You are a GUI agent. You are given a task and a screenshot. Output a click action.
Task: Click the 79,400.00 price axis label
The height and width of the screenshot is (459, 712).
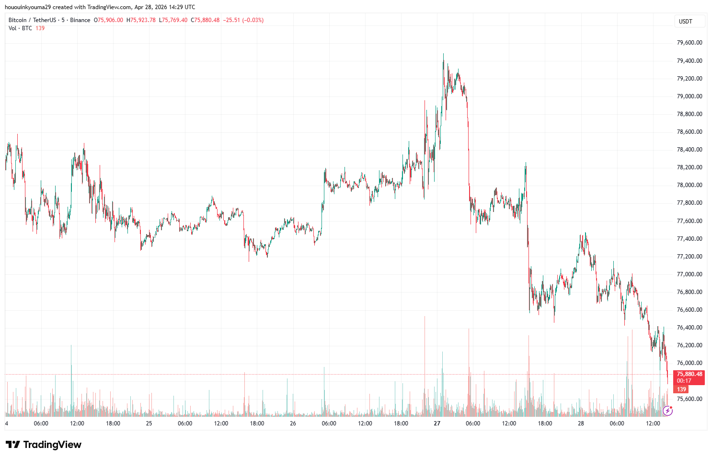pyautogui.click(x=689, y=61)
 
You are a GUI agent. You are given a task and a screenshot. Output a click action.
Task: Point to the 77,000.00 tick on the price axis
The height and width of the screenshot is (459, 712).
pyautogui.click(x=689, y=274)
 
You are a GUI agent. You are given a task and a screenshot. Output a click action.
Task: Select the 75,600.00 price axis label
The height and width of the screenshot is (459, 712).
pyautogui.click(x=689, y=399)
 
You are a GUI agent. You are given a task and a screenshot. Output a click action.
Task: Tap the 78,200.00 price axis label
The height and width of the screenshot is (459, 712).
pyautogui.click(x=689, y=167)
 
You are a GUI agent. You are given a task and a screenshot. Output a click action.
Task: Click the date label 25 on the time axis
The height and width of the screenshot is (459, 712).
pyautogui.click(x=149, y=424)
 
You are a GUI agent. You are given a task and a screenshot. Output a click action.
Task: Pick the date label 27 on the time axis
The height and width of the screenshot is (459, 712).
pyautogui.click(x=437, y=424)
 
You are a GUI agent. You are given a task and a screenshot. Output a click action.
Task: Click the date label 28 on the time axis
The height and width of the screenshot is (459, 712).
pyautogui.click(x=581, y=424)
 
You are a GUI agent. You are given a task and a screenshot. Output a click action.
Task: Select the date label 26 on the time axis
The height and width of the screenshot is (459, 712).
pyautogui.click(x=293, y=424)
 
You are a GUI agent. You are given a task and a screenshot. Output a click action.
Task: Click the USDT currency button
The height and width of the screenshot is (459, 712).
pyautogui.click(x=686, y=22)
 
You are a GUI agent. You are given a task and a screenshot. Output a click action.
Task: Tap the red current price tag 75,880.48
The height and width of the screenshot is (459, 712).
pyautogui.click(x=689, y=374)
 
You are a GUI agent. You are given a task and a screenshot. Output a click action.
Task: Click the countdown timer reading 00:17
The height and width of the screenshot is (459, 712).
pyautogui.click(x=684, y=381)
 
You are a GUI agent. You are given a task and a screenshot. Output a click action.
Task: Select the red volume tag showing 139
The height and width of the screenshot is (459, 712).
pyautogui.click(x=681, y=389)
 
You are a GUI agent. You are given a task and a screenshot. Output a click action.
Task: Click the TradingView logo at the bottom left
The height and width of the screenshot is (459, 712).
pyautogui.click(x=44, y=445)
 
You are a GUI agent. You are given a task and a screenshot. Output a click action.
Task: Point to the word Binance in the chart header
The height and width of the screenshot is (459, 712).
pyautogui.click(x=80, y=20)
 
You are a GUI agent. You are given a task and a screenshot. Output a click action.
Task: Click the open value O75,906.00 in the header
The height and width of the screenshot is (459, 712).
pyautogui.click(x=108, y=20)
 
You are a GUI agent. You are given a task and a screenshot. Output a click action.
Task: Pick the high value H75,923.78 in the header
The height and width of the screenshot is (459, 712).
pyautogui.click(x=141, y=20)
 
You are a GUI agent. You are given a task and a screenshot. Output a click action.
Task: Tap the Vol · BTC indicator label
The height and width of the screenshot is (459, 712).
pyautogui.click(x=20, y=28)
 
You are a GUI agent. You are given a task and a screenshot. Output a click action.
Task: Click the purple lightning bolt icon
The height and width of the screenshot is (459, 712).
pyautogui.click(x=667, y=411)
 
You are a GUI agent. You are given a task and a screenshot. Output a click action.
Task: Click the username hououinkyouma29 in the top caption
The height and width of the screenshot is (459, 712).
pyautogui.click(x=27, y=7)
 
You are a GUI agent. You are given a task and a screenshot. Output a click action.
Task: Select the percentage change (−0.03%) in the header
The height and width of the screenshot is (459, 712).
pyautogui.click(x=253, y=20)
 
